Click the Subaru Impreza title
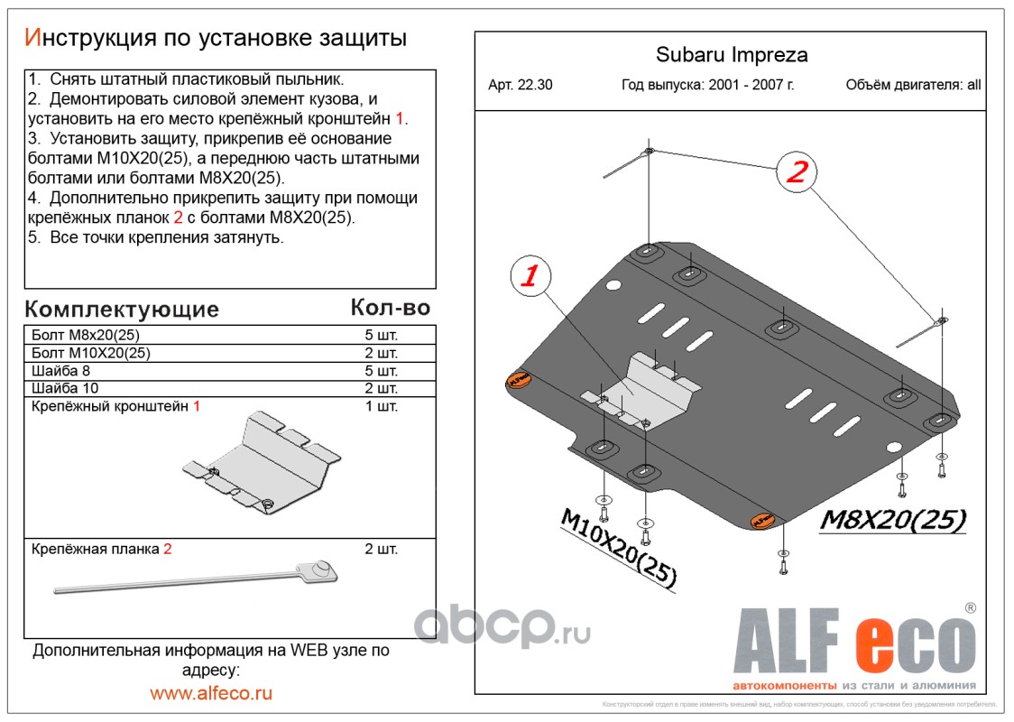click(x=731, y=55)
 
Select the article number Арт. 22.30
click(x=521, y=86)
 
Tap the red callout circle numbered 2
click(x=796, y=171)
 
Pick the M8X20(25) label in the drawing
click(x=893, y=520)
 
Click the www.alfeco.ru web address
click(x=211, y=693)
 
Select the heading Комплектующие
click(x=122, y=310)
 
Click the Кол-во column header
click(x=390, y=308)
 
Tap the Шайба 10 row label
click(x=65, y=388)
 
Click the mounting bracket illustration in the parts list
click(x=262, y=464)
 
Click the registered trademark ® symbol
click(x=970, y=607)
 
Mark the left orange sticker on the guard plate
click(x=518, y=381)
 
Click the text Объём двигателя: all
click(x=913, y=86)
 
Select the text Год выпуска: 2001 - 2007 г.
click(x=708, y=86)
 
